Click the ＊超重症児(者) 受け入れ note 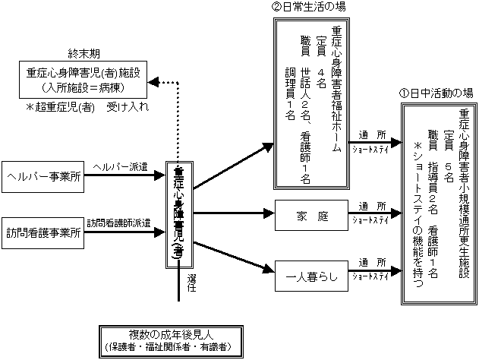coord(87,107)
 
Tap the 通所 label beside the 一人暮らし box coord(374,259)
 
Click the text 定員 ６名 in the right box coord(449,156)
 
